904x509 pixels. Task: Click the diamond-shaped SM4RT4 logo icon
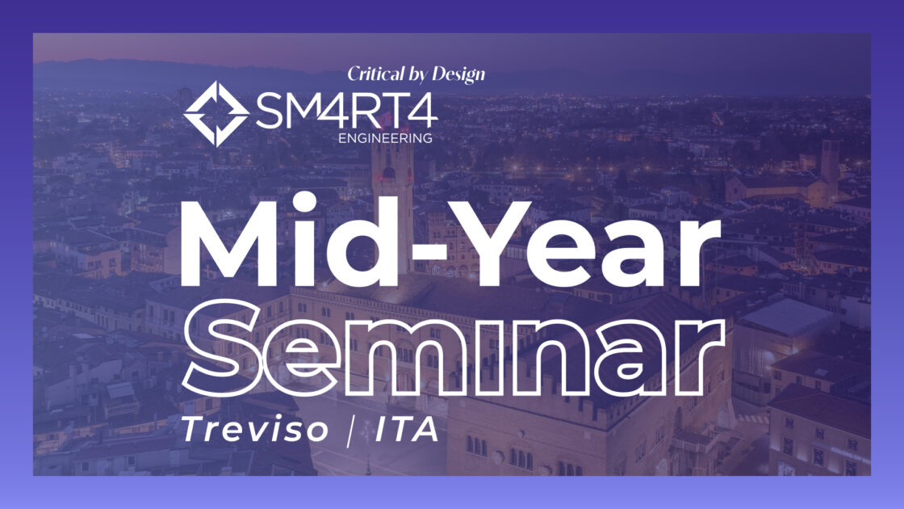(x=216, y=113)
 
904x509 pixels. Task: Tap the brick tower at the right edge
(x=830, y=166)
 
